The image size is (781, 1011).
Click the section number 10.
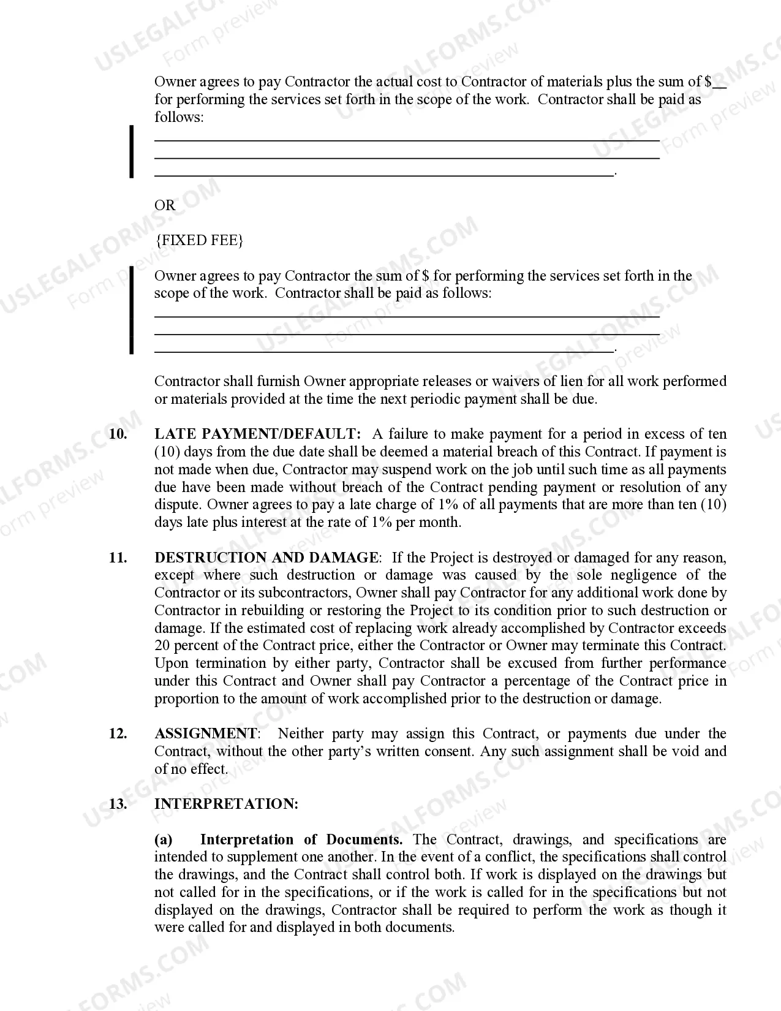tap(118, 434)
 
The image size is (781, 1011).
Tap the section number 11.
tap(118, 558)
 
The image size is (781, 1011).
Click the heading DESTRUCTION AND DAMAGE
tap(266, 558)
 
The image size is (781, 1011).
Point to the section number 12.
tap(118, 734)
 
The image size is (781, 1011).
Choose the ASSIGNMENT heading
tap(206, 734)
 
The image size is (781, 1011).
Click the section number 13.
tap(118, 805)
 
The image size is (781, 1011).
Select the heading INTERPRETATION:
tap(226, 805)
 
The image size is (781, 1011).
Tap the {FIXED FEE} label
tap(200, 240)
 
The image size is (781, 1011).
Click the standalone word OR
tap(165, 205)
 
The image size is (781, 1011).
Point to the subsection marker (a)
tap(164, 840)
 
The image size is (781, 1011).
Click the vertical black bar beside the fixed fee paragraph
tap(131, 311)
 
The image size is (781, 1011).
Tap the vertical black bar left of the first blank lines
tap(131, 151)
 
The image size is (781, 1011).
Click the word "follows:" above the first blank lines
tap(179, 118)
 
